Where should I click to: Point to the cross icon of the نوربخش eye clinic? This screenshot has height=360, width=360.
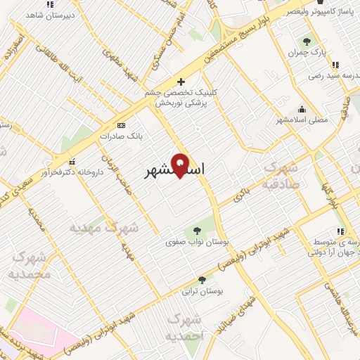(x=182, y=82)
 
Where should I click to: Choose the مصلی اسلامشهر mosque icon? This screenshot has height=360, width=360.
(x=302, y=109)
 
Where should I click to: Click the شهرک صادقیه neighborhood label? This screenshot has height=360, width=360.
(x=281, y=174)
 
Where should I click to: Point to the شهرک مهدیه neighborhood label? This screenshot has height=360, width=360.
(x=105, y=228)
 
